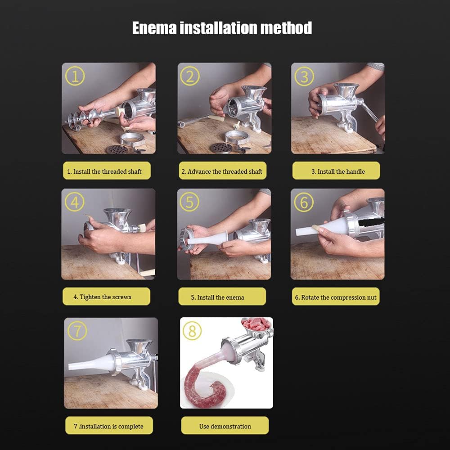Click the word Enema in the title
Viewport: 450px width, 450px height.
coord(154,28)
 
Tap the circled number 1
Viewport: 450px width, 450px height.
coord(75,76)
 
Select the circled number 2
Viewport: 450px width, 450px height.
coord(190,76)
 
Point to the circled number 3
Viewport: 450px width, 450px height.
coord(304,76)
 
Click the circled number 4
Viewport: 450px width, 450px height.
coord(75,202)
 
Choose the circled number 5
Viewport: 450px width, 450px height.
coord(189,202)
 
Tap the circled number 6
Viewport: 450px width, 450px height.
coord(304,202)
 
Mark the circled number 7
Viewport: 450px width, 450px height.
coord(77,331)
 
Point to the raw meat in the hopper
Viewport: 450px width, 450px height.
coord(256,324)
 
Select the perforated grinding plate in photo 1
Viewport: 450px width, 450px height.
coord(117,149)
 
